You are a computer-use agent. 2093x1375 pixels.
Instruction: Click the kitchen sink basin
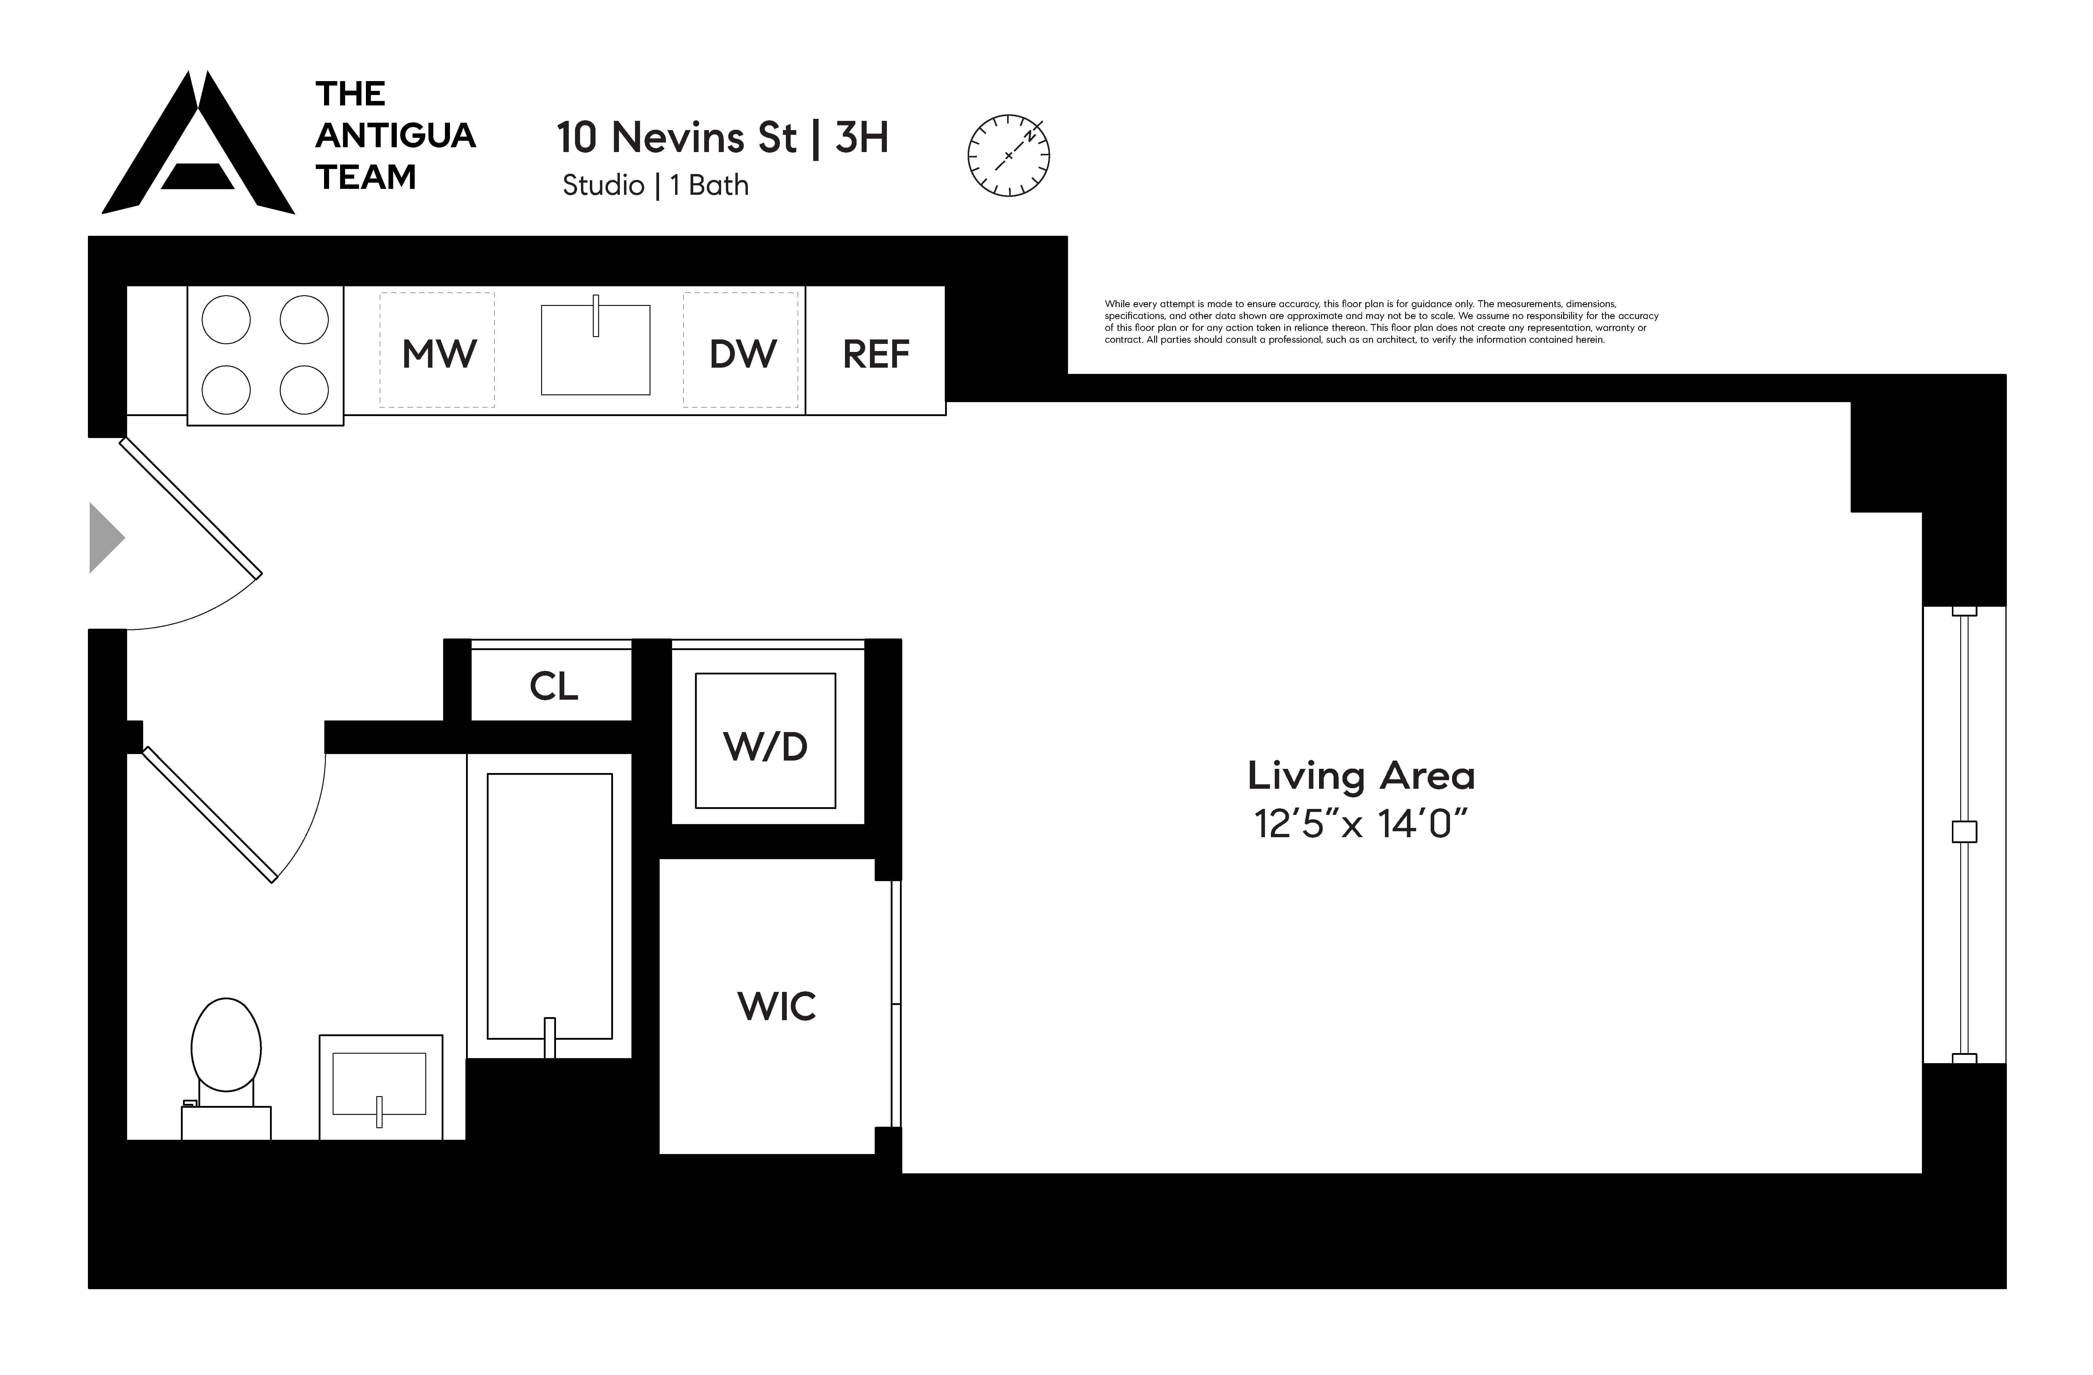click(595, 350)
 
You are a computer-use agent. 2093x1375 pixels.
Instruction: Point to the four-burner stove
click(265, 355)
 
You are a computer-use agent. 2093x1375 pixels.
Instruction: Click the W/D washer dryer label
click(765, 746)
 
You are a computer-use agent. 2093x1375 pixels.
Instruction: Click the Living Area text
click(1361, 775)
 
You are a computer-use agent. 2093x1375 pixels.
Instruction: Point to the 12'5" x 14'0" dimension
click(1361, 825)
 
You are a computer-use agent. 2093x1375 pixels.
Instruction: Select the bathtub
click(550, 905)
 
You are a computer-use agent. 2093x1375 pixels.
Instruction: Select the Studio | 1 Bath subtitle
click(655, 186)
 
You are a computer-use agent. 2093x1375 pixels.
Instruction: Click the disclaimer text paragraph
click(1381, 322)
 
